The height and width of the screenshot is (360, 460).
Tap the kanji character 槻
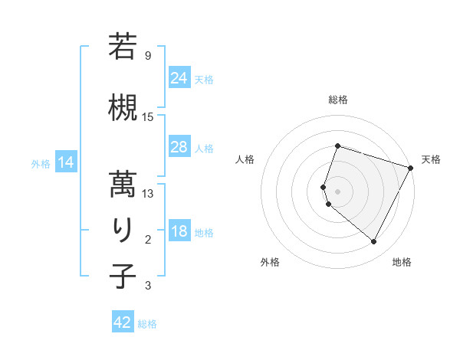click(x=123, y=106)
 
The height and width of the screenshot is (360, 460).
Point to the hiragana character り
click(x=123, y=230)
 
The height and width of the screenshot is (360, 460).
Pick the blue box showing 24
click(x=179, y=78)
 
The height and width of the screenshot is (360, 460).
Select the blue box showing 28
click(x=179, y=147)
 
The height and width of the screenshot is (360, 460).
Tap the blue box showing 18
click(x=179, y=231)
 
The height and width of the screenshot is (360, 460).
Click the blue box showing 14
click(x=66, y=162)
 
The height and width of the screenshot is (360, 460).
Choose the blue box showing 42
click(x=123, y=322)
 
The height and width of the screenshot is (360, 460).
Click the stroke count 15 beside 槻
click(x=148, y=117)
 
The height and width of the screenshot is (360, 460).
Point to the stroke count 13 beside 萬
click(x=148, y=194)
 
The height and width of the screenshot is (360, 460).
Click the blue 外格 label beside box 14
click(x=41, y=163)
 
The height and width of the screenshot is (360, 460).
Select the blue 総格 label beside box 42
click(x=147, y=324)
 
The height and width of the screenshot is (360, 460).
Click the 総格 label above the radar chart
click(x=338, y=100)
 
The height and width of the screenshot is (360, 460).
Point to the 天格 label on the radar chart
click(x=431, y=159)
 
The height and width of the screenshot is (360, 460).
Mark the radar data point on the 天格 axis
click(x=411, y=168)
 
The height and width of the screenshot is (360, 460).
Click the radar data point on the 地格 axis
click(x=374, y=242)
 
